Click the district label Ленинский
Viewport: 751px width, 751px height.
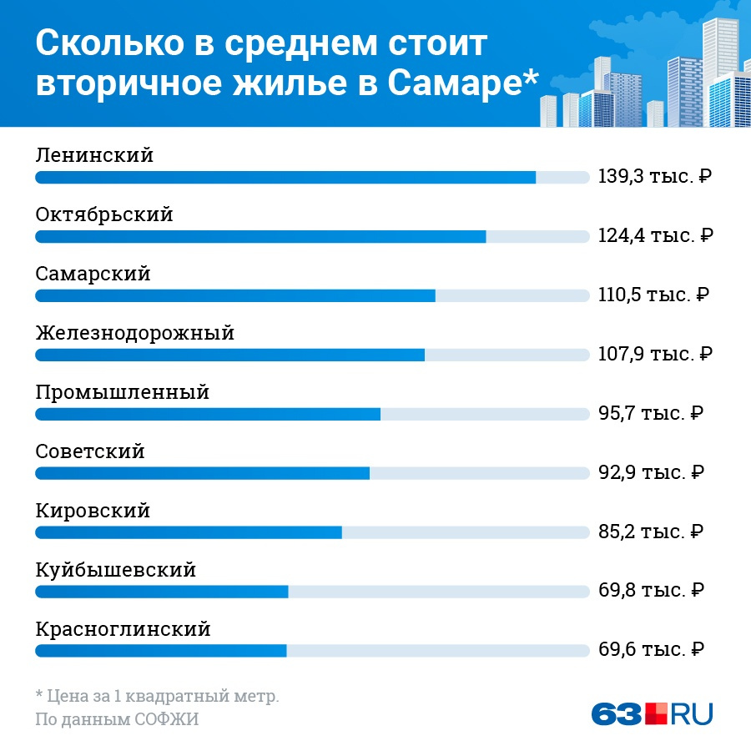[94, 155]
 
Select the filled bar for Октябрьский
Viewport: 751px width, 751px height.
[260, 237]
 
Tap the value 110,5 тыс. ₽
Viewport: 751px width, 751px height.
[653, 295]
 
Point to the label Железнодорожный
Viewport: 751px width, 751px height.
[134, 334]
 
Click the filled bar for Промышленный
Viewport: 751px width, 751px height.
[208, 415]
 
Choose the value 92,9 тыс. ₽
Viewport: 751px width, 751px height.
[651, 472]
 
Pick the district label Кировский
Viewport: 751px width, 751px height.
[93, 511]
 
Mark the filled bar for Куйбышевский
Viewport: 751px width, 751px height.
[162, 592]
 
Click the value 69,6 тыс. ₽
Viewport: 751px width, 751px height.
[651, 649]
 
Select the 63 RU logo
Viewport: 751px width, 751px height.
[652, 713]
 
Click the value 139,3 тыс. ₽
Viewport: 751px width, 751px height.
[654, 177]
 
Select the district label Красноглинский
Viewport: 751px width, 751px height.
[123, 629]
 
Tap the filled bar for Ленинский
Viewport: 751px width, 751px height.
[285, 178]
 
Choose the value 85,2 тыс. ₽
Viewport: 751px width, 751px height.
[651, 532]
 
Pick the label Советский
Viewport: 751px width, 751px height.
[90, 452]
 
